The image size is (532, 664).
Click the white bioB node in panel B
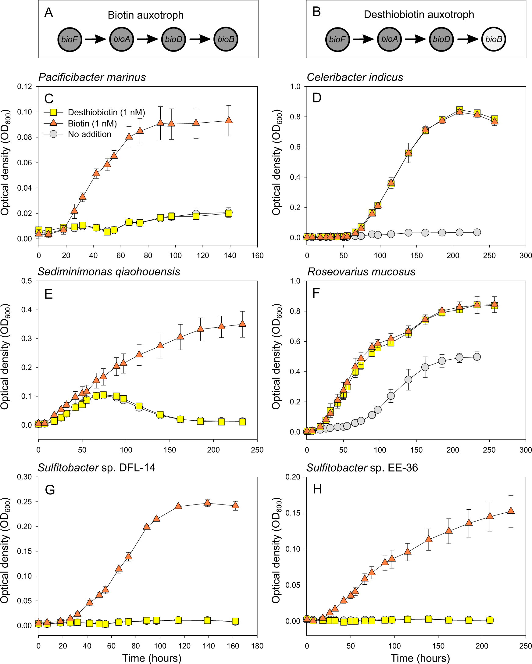(x=494, y=39)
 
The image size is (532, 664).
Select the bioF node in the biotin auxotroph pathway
(x=70, y=39)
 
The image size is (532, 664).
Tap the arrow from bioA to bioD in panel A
(x=147, y=39)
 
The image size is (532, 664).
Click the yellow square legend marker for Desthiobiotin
(x=54, y=112)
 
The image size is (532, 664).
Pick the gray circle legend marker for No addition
(x=54, y=134)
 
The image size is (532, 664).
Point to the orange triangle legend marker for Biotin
(x=54, y=123)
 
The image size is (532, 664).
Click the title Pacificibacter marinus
(x=92, y=77)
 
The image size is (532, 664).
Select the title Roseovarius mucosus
(x=361, y=272)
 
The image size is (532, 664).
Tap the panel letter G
(x=50, y=489)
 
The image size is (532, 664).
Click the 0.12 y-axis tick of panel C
(x=24, y=87)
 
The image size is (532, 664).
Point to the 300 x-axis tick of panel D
(x=526, y=255)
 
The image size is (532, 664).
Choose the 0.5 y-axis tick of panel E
(x=26, y=281)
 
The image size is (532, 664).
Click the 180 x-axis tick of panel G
(x=257, y=646)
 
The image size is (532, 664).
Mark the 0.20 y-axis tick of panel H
(x=293, y=477)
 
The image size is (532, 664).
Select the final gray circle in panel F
(x=477, y=357)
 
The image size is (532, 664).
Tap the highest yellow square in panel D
(x=459, y=110)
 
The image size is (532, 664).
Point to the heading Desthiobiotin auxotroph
(x=419, y=14)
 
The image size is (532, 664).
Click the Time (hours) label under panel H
(x=420, y=658)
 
